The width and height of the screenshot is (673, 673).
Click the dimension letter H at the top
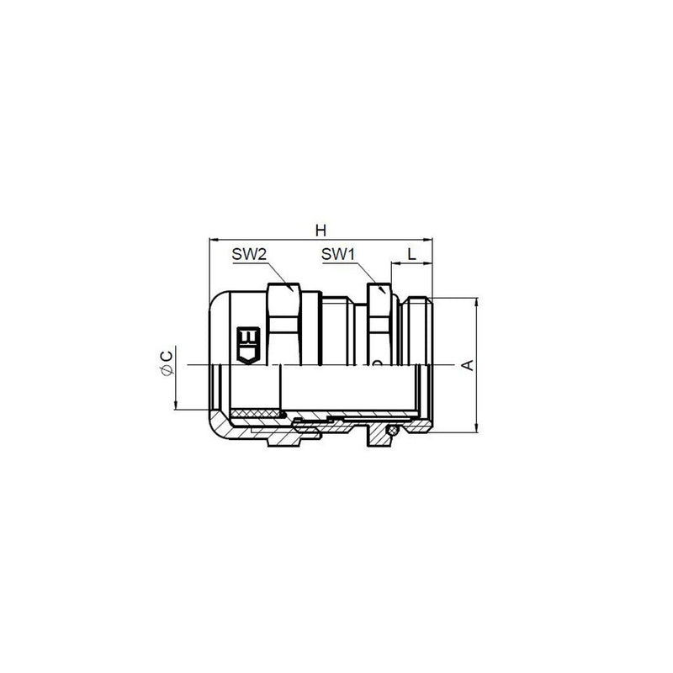tap(321, 231)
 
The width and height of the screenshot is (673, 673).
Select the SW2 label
tap(249, 255)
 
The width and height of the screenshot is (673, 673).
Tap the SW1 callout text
tap(338, 255)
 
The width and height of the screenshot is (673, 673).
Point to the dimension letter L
tap(411, 255)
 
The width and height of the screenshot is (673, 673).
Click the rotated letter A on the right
tap(469, 364)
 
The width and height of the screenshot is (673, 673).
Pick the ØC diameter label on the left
tap(167, 363)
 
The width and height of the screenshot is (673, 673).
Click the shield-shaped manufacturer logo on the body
tap(248, 346)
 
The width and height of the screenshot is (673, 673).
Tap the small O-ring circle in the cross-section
tap(390, 431)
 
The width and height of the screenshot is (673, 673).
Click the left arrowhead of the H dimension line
tap(214, 239)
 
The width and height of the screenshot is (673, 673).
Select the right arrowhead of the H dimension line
tap(427, 239)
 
